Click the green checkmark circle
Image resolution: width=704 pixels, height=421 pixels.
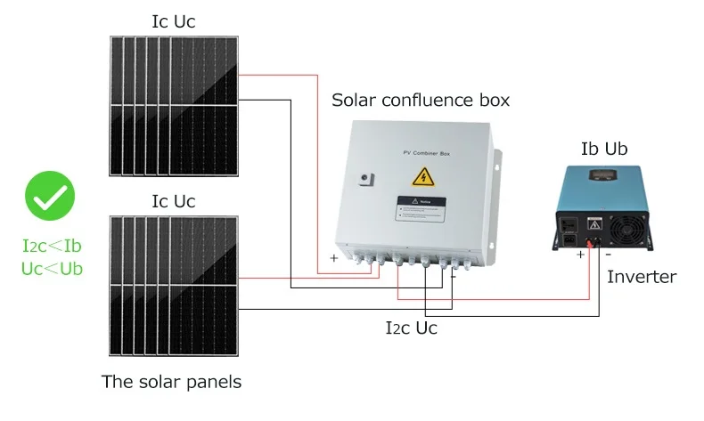50,197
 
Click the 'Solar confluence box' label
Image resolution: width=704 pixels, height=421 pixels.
421,100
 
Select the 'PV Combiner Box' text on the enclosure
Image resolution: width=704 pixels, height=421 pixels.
419,153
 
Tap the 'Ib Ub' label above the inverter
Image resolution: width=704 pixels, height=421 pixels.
603,149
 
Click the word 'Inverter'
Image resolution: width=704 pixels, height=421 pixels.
642,277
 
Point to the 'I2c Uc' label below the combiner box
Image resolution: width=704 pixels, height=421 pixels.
411,328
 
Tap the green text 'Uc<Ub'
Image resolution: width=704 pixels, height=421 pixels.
52,267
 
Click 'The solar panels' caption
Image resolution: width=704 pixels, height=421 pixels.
171,383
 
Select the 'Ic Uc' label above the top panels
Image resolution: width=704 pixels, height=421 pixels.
174,21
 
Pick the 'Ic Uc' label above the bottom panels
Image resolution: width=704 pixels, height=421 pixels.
174,202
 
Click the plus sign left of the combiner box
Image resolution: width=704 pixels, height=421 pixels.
334,258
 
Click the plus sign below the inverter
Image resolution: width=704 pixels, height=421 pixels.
580,255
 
